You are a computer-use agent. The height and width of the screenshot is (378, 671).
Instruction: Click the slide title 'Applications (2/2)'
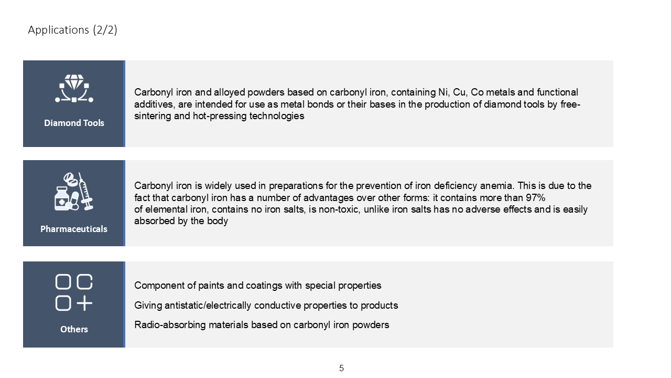72,30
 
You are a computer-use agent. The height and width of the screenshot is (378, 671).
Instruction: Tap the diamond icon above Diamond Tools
74,88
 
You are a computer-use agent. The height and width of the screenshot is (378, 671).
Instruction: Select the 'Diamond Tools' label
74,123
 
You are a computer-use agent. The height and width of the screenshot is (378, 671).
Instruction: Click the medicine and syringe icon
74,192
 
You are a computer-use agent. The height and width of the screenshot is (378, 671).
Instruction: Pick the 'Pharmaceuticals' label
74,229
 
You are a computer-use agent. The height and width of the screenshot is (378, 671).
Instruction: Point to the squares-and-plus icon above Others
74,292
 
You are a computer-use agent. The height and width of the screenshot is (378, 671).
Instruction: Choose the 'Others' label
74,329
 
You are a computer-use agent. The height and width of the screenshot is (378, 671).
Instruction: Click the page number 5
341,369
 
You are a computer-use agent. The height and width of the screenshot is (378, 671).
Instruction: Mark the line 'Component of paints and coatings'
257,286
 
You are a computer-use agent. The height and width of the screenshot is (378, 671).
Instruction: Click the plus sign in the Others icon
84,303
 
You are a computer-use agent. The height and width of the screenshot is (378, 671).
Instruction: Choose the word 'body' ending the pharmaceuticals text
218,221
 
